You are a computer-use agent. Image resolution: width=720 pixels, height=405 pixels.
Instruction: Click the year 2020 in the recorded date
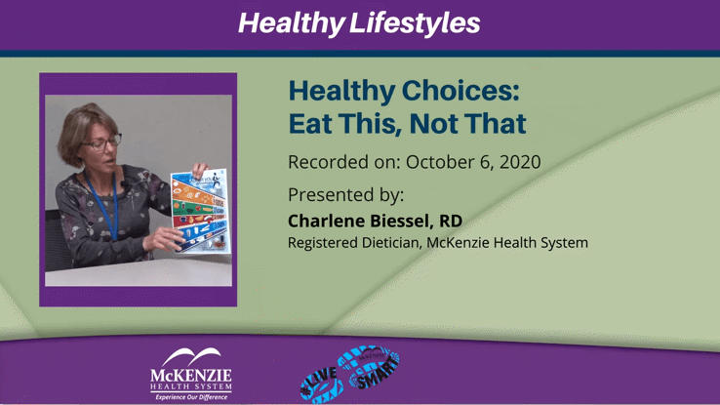[x=514, y=162]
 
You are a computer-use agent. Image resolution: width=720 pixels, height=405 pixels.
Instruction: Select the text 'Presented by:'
[x=345, y=193]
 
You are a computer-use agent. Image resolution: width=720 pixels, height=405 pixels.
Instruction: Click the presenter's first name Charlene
[x=328, y=221]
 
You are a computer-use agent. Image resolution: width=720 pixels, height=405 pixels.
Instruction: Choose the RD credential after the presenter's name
[x=450, y=221]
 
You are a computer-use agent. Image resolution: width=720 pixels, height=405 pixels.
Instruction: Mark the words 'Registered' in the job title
[x=322, y=242]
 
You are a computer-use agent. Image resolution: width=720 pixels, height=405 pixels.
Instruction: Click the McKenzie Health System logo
[x=191, y=371]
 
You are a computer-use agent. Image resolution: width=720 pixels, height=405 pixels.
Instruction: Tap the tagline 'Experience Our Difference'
[x=191, y=397]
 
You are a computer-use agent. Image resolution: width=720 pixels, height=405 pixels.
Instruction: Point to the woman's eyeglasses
[x=101, y=142]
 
